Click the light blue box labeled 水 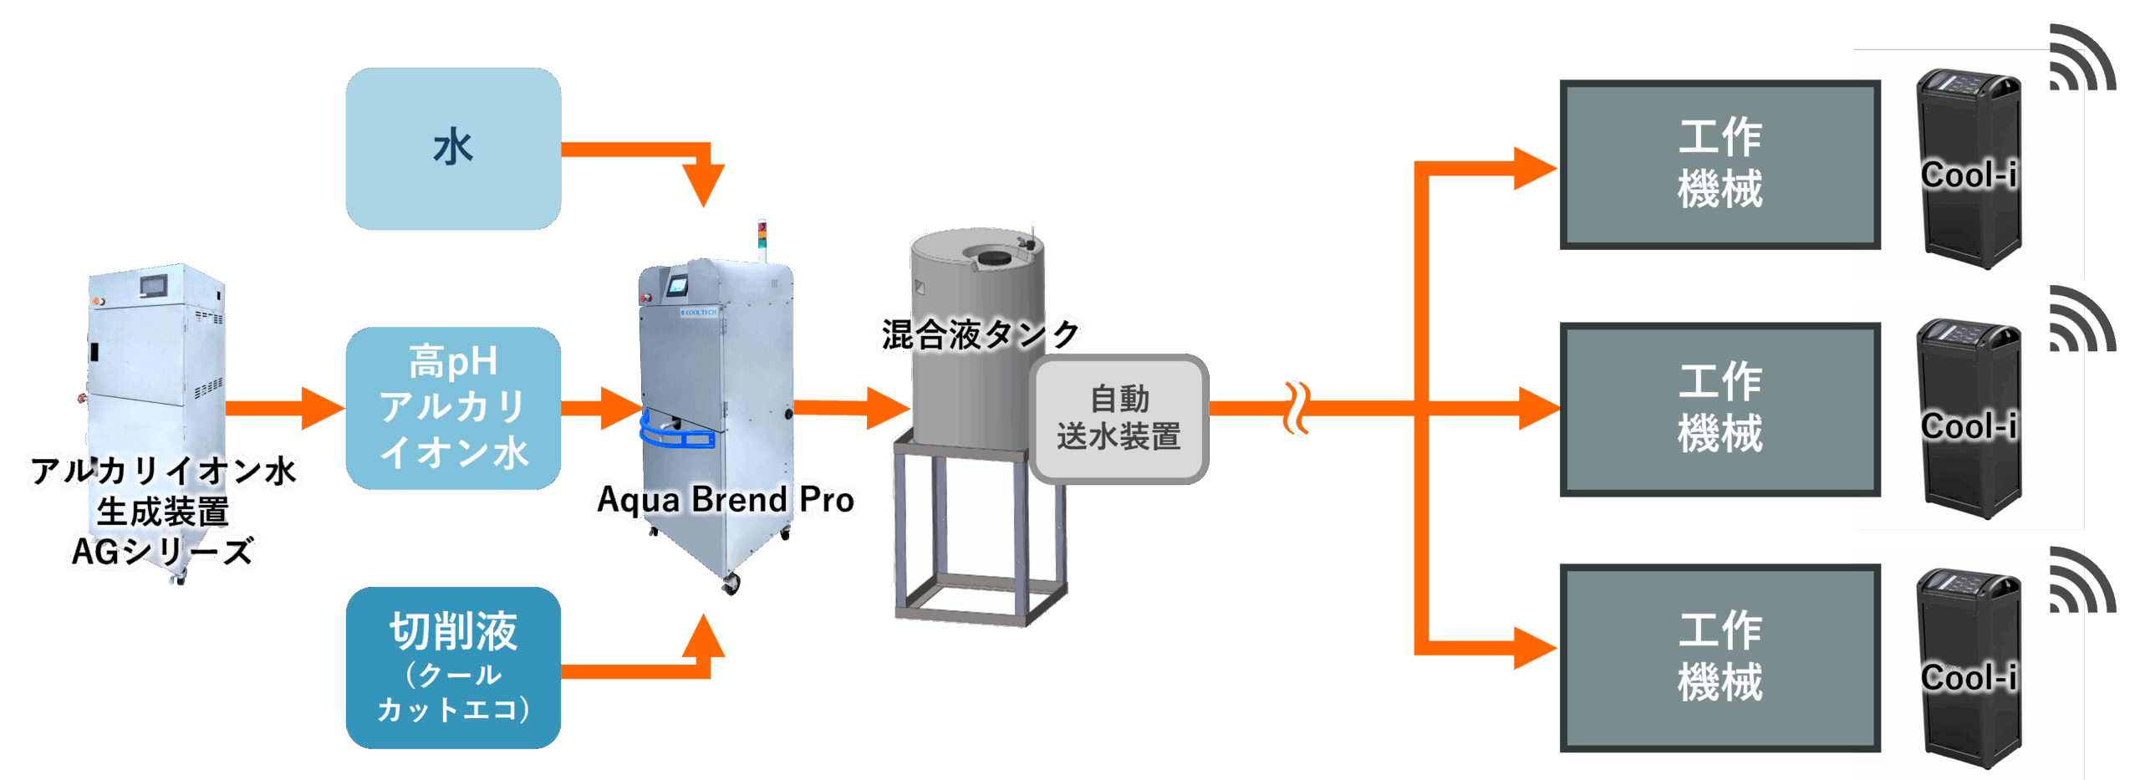point(453,149)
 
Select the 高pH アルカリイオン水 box point(453,408)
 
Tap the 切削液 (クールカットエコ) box point(453,667)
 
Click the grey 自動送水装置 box point(1118,418)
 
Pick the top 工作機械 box point(1720,165)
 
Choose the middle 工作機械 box point(1720,409)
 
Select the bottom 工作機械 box point(1720,657)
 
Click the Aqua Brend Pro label point(726,500)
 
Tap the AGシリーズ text point(163,552)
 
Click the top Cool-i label point(1969,176)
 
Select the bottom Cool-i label point(1969,677)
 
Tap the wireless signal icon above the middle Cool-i point(2081,320)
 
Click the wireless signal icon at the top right point(2081,59)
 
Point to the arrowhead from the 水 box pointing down point(703,186)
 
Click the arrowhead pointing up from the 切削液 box point(703,637)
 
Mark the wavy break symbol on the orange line point(1297,408)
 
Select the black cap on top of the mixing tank point(992,259)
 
